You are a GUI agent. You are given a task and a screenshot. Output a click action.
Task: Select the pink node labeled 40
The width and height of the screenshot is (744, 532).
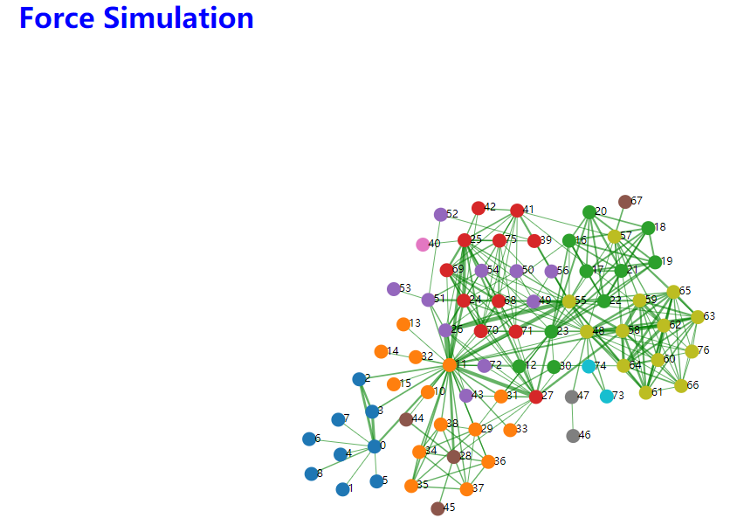tap(423, 244)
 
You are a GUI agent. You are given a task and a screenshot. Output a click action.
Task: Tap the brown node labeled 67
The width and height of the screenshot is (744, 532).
tap(625, 202)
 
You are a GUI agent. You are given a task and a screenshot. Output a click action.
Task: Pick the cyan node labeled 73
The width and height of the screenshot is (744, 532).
tap(607, 397)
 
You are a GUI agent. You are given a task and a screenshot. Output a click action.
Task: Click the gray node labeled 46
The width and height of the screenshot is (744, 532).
tap(573, 435)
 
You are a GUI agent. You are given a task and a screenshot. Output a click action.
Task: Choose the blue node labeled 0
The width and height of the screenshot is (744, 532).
tap(375, 446)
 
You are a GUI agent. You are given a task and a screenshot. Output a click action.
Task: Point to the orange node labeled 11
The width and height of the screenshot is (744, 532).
tap(450, 364)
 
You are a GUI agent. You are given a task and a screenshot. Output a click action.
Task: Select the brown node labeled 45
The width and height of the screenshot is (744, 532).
tap(437, 508)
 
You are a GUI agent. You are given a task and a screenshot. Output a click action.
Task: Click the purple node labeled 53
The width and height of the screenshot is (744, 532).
tap(394, 289)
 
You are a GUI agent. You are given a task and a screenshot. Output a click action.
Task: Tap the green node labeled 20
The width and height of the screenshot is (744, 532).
tap(589, 212)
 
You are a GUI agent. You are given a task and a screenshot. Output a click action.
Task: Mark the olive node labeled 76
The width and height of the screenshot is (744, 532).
tap(692, 351)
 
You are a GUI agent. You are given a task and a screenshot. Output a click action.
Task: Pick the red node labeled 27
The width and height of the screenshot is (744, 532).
tap(536, 397)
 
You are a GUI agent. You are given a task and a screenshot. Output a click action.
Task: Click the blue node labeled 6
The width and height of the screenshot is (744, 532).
tap(308, 439)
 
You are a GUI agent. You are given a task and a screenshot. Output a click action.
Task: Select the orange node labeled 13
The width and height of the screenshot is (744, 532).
tap(403, 324)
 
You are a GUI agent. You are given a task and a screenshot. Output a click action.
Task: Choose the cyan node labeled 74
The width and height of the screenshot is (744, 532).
tap(589, 366)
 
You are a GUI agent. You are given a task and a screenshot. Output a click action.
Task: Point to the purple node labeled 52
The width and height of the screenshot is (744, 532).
tap(441, 214)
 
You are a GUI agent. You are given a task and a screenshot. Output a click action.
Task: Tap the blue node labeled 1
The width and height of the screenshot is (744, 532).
tap(342, 489)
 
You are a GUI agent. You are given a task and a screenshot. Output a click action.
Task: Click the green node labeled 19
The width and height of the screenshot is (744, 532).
tap(655, 262)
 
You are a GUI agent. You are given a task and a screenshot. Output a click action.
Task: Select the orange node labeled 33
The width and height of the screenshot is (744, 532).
tap(510, 430)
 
